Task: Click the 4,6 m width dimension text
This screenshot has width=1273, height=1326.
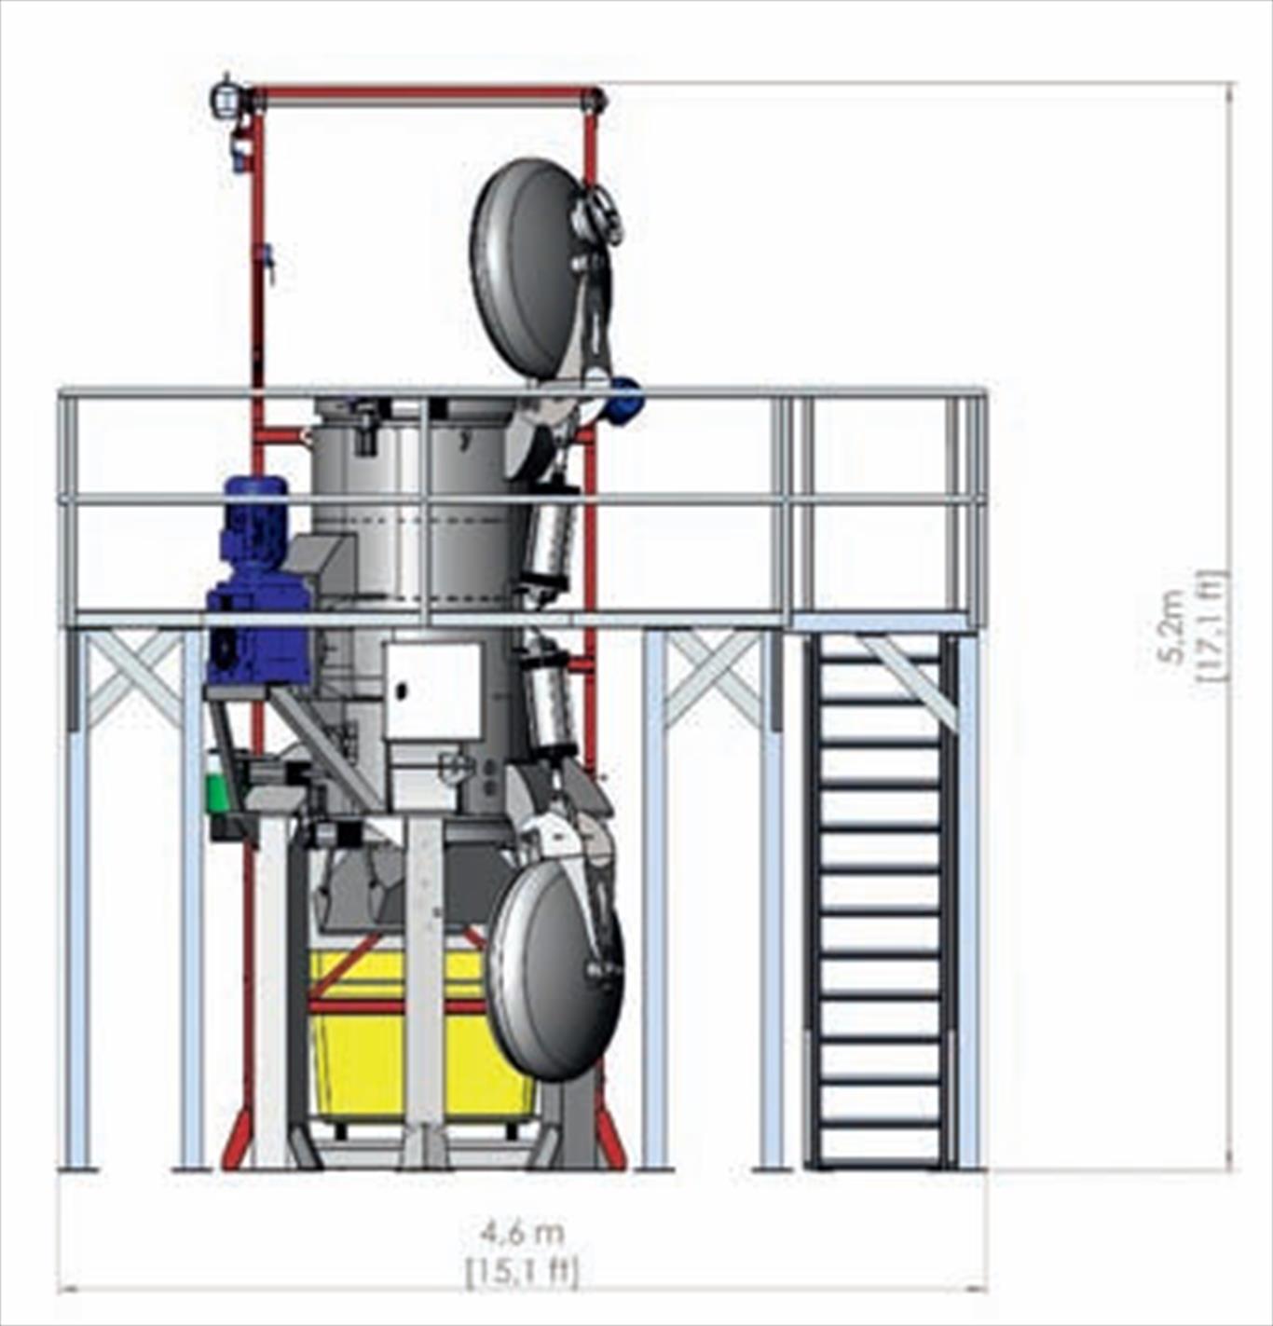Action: (523, 1233)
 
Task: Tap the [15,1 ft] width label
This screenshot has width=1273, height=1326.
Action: (523, 1269)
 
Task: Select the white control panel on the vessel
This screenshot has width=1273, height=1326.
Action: (433, 690)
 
